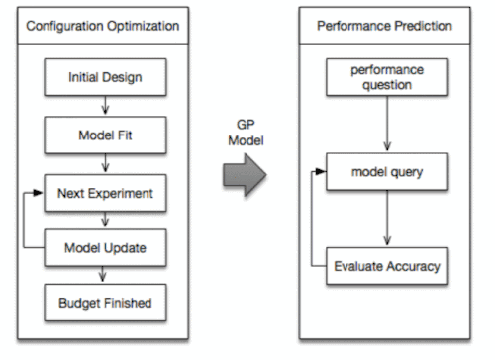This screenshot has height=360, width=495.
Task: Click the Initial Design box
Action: coord(104,76)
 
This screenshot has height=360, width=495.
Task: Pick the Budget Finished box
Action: coord(104,302)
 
